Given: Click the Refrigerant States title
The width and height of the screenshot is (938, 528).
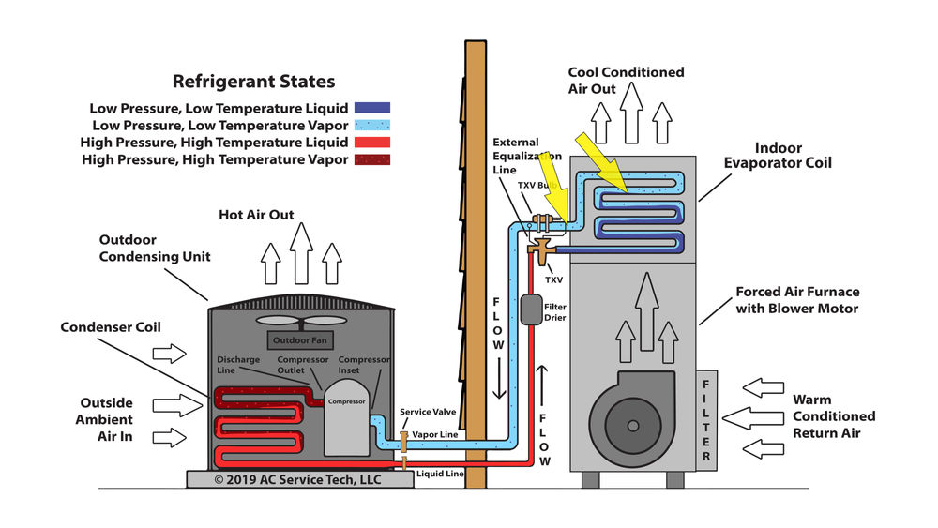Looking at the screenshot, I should pyautogui.click(x=253, y=82).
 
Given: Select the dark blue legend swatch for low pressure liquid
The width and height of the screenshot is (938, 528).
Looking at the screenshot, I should pyautogui.click(x=372, y=108).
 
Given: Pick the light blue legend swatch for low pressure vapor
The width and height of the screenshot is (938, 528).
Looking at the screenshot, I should pyautogui.click(x=372, y=125).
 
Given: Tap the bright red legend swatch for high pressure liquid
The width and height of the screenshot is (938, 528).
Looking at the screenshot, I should pyautogui.click(x=372, y=142).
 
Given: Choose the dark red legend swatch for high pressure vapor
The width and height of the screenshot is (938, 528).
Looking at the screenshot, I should pyautogui.click(x=372, y=159).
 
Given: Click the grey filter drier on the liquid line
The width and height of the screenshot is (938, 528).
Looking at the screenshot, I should pyautogui.click(x=531, y=309).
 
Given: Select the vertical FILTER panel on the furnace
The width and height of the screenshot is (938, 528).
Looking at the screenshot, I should pyautogui.click(x=706, y=417).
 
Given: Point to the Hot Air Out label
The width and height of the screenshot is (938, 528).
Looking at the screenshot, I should pyautogui.click(x=256, y=215).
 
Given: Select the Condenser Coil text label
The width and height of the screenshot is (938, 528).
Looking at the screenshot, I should pyautogui.click(x=111, y=327).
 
